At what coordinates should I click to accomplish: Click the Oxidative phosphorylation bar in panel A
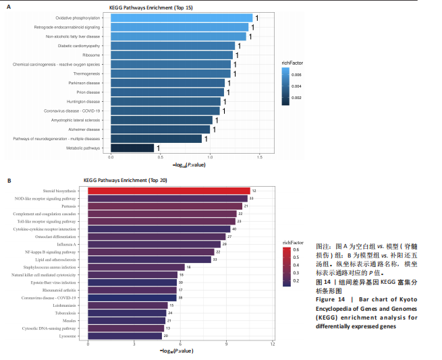pos(181,18)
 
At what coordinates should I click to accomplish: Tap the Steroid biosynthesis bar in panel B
pos(169,191)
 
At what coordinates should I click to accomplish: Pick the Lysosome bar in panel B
pos(125,335)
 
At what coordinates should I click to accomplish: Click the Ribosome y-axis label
pos(91,55)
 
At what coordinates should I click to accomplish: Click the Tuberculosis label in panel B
pos(65,313)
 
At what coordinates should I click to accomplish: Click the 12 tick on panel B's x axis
pos(272,344)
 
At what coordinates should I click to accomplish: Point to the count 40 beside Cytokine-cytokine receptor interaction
pos(234,229)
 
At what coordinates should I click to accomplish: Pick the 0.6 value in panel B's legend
pos(296,250)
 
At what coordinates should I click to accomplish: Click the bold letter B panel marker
pos(9,181)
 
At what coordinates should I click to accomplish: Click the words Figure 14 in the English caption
pos(331,299)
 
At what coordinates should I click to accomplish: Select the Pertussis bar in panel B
pos(165,206)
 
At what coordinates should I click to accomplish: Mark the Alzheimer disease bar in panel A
pos(160,129)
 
